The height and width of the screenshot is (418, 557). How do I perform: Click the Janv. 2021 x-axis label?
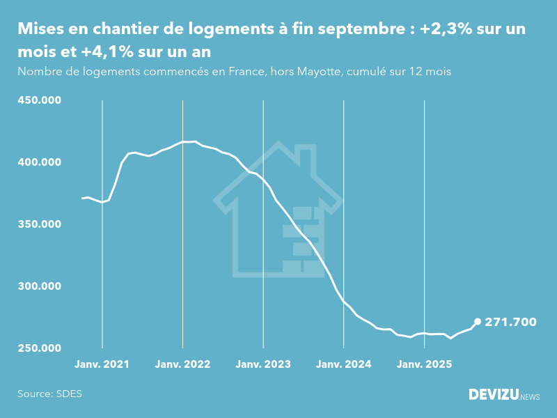(x=102, y=364)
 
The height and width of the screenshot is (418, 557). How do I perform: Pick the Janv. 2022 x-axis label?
(x=183, y=364)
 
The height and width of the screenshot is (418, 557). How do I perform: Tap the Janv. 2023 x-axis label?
(x=263, y=364)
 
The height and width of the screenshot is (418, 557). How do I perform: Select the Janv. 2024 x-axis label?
(x=344, y=364)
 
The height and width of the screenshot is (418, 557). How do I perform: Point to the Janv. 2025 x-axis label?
(x=425, y=364)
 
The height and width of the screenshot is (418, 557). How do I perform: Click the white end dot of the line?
(x=478, y=322)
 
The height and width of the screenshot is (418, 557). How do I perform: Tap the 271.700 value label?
(x=511, y=322)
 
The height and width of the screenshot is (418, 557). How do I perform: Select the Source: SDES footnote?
(x=49, y=394)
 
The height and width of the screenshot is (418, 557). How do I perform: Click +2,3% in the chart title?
(x=446, y=30)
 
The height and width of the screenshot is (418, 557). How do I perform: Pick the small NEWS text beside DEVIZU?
(x=531, y=396)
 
